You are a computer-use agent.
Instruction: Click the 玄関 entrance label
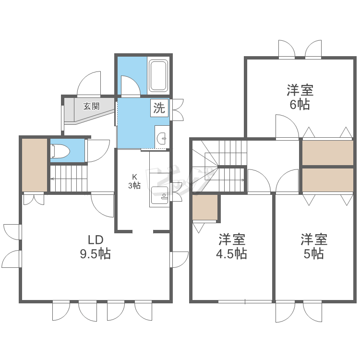(x=91, y=106)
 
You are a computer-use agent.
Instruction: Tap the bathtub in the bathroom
(x=158, y=75)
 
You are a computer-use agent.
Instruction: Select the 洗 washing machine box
(x=159, y=108)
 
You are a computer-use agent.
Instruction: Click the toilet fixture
(x=60, y=151)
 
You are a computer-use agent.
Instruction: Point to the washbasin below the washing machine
(x=162, y=138)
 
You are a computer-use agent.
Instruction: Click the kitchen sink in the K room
(x=159, y=195)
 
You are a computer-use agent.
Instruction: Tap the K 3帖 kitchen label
(x=134, y=181)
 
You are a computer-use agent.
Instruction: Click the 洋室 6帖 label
(x=300, y=97)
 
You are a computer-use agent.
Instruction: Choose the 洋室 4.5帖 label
(x=232, y=246)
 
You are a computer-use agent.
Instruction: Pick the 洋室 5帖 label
(x=314, y=246)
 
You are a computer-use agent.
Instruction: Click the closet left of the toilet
(x=35, y=165)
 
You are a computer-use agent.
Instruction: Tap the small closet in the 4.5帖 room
(x=205, y=207)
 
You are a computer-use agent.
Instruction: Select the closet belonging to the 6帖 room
(x=327, y=153)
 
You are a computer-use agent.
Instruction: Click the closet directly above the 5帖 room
(x=327, y=180)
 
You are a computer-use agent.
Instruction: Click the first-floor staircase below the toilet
(x=69, y=179)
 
